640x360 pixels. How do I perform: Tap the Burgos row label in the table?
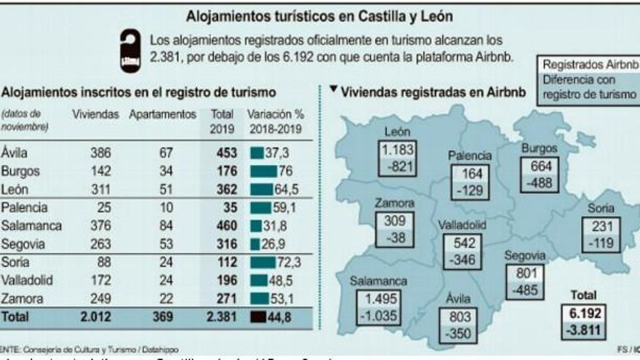[x=21, y=172]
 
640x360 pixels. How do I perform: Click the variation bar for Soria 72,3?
[x=262, y=263]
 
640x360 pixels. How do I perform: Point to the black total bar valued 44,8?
[x=257, y=316]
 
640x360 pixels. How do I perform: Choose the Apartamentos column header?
[x=162, y=114]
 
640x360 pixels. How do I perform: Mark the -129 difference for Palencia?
[x=467, y=191]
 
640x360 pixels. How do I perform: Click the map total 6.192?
[x=583, y=313]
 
